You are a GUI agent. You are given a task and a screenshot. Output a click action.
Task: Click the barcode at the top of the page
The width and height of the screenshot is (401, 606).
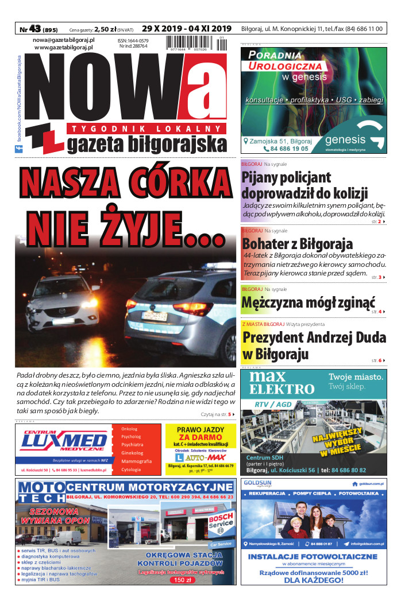click(x=195, y=44)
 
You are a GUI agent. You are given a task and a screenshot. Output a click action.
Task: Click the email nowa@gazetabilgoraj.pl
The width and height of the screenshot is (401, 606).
click(x=64, y=40)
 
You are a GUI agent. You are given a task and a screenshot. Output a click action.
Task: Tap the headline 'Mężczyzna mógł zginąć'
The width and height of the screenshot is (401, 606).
click(x=309, y=302)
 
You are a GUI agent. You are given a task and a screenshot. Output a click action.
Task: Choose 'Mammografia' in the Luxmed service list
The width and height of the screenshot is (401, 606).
click(x=136, y=461)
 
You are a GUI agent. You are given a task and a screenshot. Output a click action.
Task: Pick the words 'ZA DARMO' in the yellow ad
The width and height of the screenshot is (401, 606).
click(x=200, y=437)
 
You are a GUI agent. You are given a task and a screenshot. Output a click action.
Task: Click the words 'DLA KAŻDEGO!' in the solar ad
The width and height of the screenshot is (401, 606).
click(x=313, y=580)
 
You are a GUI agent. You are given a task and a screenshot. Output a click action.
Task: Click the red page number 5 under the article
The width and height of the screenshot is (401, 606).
click(x=230, y=414)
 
